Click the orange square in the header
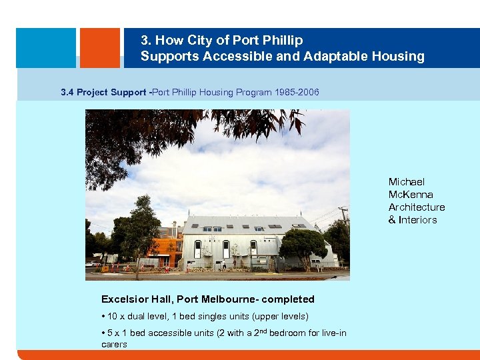point(99,47)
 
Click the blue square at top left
point(45,47)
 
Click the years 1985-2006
point(297,92)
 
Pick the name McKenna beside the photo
point(411,195)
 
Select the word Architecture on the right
point(417,207)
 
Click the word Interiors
point(417,220)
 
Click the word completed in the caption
point(287,299)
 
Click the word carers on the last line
point(114,345)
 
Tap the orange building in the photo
point(167,251)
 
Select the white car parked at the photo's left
point(90,264)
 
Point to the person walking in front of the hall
point(225,265)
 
